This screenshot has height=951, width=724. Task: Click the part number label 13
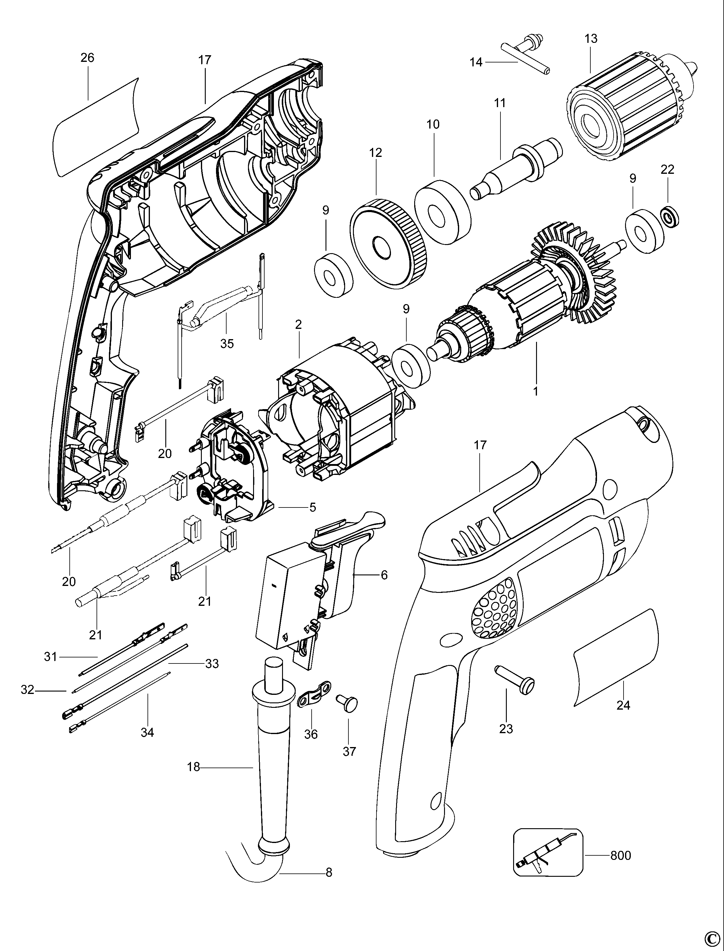point(591,39)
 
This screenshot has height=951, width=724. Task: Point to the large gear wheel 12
point(389,244)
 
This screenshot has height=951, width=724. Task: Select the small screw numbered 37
point(348,702)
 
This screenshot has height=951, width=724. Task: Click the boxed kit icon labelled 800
point(548,852)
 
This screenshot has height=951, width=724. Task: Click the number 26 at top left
point(87,58)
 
